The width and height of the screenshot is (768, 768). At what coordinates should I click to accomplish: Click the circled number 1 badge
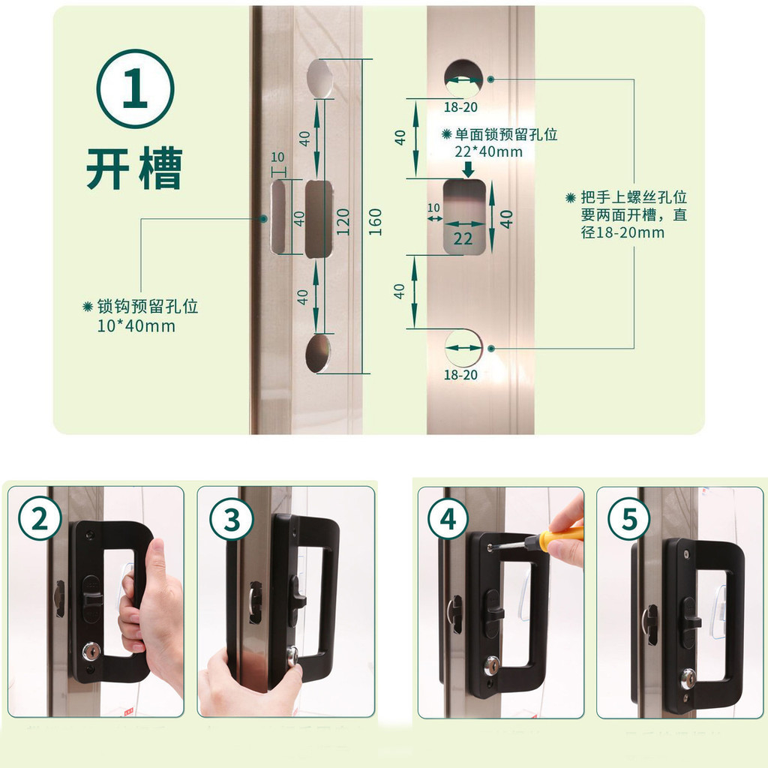(135, 88)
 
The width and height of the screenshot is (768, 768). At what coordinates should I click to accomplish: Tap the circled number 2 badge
(40, 519)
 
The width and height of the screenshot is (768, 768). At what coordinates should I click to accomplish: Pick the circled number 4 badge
(448, 519)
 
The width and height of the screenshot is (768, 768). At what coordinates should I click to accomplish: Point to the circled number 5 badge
(629, 519)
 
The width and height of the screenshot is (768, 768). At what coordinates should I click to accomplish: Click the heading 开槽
(134, 169)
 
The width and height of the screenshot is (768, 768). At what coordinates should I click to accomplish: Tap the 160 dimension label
(375, 222)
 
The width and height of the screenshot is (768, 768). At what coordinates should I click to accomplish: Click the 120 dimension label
(343, 222)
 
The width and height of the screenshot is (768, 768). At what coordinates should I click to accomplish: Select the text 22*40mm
(488, 151)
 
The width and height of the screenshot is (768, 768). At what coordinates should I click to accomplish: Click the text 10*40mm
(136, 325)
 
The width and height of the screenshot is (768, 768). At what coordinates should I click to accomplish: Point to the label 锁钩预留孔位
(148, 307)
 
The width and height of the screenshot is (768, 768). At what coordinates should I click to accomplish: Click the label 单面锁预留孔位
(506, 134)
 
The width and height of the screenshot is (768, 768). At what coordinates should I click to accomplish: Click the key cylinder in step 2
(91, 651)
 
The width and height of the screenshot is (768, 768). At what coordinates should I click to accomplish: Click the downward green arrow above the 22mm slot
(469, 169)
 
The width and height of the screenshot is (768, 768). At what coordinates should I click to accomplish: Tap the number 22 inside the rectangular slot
(463, 238)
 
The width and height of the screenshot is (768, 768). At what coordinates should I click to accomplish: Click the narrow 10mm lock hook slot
(279, 217)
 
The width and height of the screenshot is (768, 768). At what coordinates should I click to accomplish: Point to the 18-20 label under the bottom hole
(460, 375)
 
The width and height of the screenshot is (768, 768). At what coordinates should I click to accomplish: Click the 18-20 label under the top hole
(460, 106)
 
